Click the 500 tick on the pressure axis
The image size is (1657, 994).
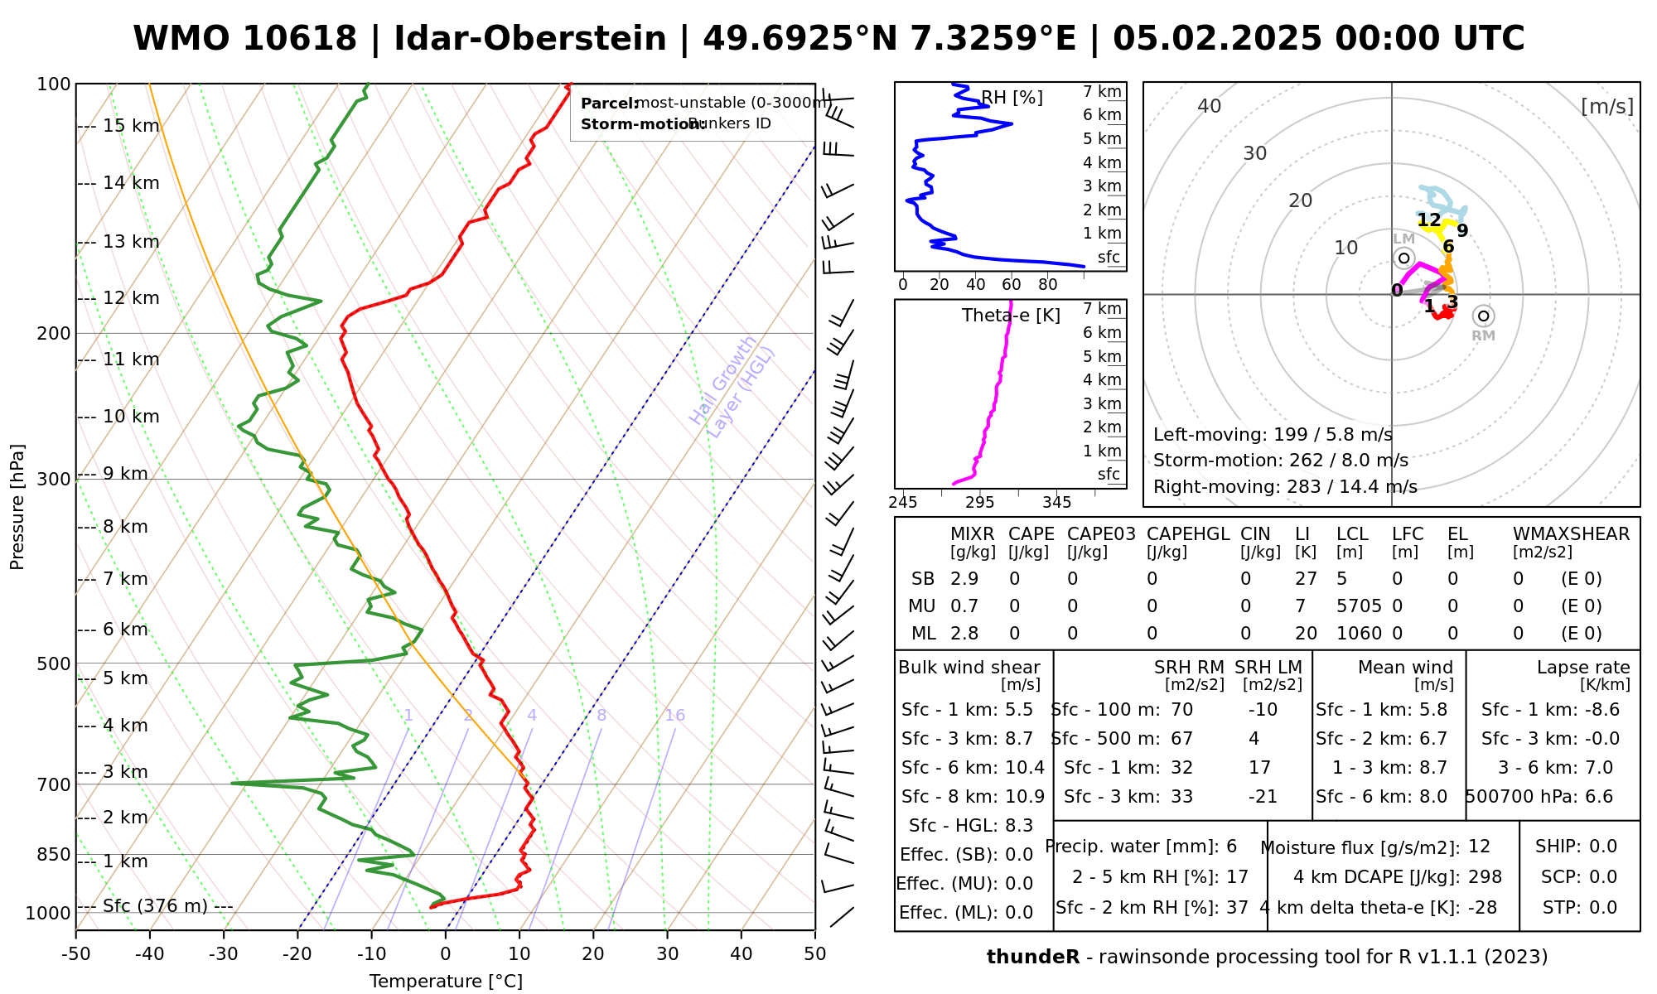click(54, 663)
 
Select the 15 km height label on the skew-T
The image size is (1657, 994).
click(131, 126)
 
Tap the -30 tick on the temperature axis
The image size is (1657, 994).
click(224, 954)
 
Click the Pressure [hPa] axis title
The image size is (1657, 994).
click(17, 507)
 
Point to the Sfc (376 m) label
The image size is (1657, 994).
click(155, 906)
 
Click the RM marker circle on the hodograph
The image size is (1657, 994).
click(1483, 316)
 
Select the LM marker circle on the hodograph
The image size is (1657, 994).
click(1403, 258)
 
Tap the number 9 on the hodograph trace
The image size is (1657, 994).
click(1462, 231)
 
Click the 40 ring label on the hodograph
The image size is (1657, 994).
click(1210, 106)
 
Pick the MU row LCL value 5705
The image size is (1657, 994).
click(1359, 606)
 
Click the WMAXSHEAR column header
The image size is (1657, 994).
click(1571, 534)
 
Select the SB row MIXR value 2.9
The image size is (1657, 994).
click(964, 579)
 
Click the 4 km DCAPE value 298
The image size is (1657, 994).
click(1485, 877)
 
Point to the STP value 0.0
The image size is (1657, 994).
click(1603, 908)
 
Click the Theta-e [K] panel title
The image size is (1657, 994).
click(1011, 316)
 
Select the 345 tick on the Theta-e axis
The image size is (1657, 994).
click(1056, 503)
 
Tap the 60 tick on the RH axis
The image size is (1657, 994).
click(1012, 285)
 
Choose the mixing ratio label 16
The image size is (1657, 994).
click(675, 716)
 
